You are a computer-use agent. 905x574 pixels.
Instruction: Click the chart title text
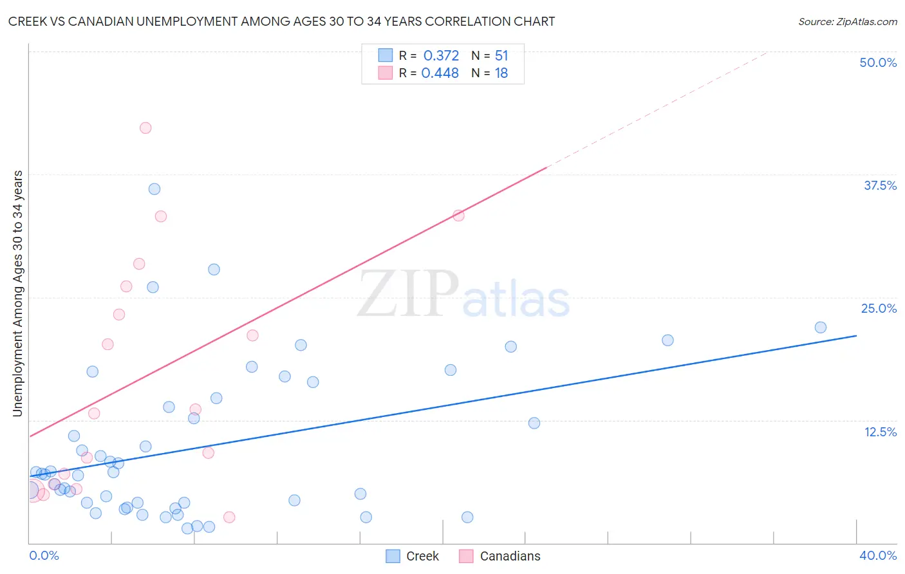tap(281, 21)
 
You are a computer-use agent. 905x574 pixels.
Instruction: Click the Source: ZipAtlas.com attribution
tap(847, 21)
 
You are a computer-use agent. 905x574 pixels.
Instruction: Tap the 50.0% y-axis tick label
tap(877, 62)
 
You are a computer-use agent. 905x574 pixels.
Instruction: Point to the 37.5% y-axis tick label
tap(879, 185)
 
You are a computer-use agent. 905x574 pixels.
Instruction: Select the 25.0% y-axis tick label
tap(878, 308)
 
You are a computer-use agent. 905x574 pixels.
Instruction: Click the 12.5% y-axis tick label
tap(879, 432)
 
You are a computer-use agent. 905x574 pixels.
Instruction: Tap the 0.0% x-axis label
tap(44, 555)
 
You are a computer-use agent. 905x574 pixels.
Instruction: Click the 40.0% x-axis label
tap(877, 555)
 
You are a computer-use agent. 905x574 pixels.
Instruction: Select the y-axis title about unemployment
tap(17, 293)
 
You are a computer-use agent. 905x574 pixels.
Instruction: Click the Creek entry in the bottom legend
tap(422, 556)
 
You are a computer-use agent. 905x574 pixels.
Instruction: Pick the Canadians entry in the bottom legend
tap(510, 556)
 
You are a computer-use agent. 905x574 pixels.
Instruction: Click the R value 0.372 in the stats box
tap(441, 56)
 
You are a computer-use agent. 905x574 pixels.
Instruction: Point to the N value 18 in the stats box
tap(501, 73)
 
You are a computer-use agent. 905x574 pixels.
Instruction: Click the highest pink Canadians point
tap(145, 128)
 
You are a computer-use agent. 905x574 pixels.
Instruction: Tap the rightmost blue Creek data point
tap(820, 328)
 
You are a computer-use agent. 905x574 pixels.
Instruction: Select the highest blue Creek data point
tap(154, 189)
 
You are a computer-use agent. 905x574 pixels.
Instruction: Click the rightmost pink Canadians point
tap(458, 216)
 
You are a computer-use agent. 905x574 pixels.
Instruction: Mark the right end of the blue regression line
tap(856, 336)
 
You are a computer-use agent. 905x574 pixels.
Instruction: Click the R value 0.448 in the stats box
tap(440, 73)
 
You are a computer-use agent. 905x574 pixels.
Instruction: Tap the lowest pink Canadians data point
tap(229, 517)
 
